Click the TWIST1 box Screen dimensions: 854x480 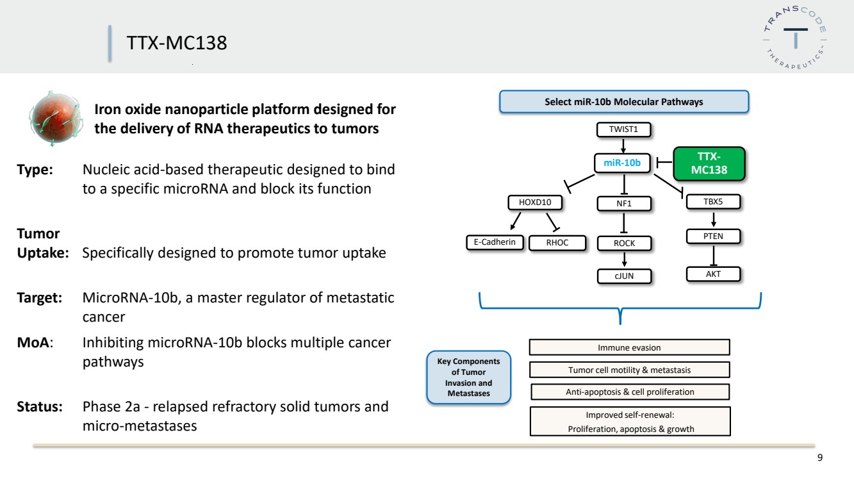(x=623, y=129)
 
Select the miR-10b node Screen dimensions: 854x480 (x=622, y=163)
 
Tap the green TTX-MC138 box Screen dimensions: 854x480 (x=709, y=163)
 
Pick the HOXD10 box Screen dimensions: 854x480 (x=535, y=203)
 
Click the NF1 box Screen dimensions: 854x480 (x=624, y=204)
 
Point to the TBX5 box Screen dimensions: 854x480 (x=713, y=202)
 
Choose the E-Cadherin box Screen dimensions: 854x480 (x=495, y=242)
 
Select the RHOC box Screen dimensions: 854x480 (x=557, y=243)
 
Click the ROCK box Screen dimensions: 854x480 (x=624, y=244)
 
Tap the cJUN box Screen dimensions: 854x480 (x=624, y=276)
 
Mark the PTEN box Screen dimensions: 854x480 (x=713, y=236)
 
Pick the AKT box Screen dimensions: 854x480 (x=713, y=274)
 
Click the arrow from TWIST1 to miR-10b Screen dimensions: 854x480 (x=623, y=145)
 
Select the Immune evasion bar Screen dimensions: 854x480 (x=629, y=347)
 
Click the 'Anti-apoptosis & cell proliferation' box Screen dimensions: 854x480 (x=630, y=392)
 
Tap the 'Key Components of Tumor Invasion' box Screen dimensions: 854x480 (x=468, y=377)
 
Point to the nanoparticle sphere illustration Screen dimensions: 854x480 (x=56, y=119)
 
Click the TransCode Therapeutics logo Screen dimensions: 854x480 (x=795, y=37)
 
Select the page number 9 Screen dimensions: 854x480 (x=820, y=458)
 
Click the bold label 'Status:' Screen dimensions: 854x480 (x=40, y=407)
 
